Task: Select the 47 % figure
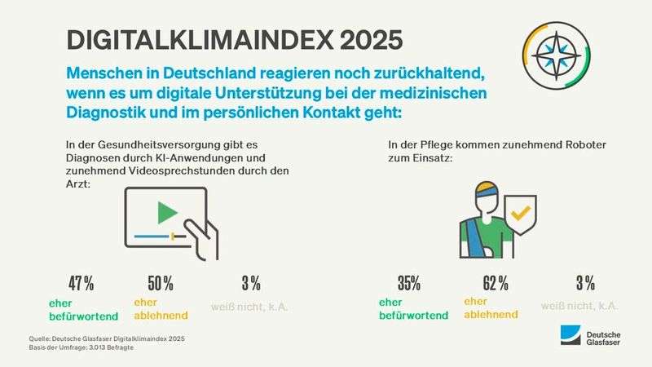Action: pos(81,284)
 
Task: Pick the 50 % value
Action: pos(160,284)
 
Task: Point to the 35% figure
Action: pos(407,284)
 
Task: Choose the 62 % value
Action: pos(495,284)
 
